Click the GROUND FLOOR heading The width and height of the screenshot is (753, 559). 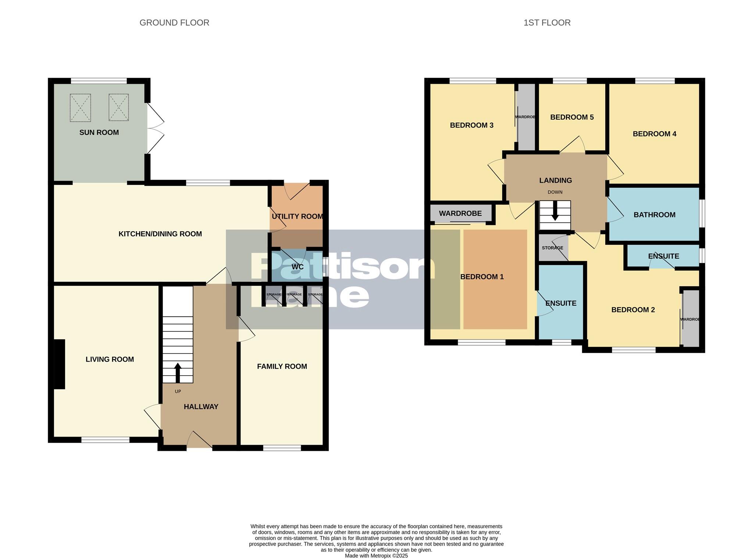pos(174,23)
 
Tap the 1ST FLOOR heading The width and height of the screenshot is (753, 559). pos(547,23)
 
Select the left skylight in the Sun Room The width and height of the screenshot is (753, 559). pos(80,108)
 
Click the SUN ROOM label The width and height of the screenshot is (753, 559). pos(99,132)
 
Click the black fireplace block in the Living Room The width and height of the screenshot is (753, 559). pos(59,364)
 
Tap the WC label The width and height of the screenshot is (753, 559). pos(297,267)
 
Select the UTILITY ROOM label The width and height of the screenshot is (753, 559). pos(297,216)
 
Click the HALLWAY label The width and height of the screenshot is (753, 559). pos(201,406)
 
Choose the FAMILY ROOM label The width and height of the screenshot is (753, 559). pos(282,366)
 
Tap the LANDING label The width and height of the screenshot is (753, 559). pos(555,180)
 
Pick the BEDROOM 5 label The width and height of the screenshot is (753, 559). pos(572,117)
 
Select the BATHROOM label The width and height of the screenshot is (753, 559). pos(654,215)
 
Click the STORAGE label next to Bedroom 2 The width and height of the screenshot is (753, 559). pos(552,248)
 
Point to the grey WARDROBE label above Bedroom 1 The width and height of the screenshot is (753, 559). pos(460,214)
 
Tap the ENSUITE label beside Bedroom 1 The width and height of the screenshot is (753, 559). pos(560,303)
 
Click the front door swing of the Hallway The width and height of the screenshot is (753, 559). pos(200,440)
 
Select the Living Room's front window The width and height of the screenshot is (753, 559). pos(105,440)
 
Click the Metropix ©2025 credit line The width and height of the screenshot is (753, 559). pos(376,556)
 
